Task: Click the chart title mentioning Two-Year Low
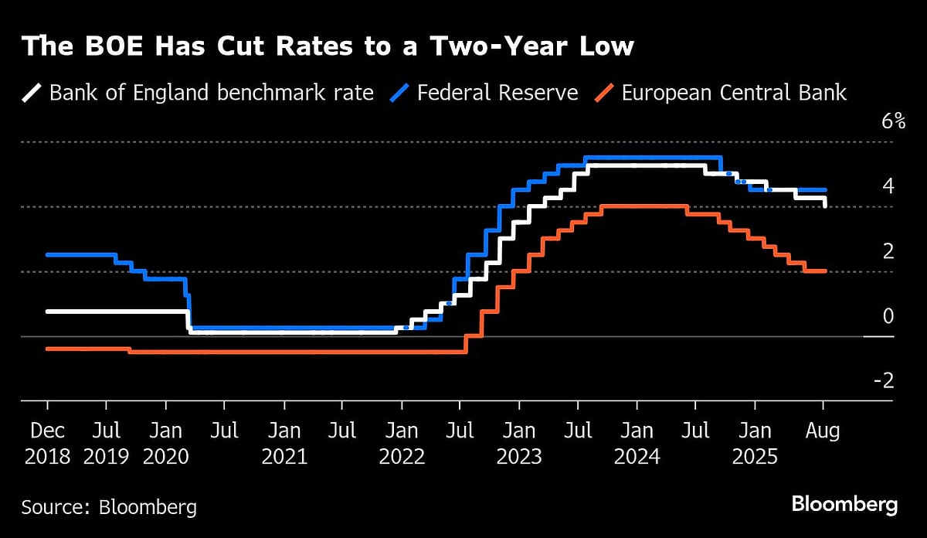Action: (x=328, y=46)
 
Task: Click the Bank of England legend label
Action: (x=211, y=94)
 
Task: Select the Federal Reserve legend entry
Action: (x=497, y=94)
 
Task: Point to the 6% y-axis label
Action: (x=881, y=121)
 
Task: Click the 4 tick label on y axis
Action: (x=888, y=186)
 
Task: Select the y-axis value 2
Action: (x=888, y=251)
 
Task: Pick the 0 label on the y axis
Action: (x=888, y=316)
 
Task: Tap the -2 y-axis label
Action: (x=884, y=381)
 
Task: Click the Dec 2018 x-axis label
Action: (x=47, y=443)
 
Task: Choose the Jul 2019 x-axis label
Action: (x=106, y=443)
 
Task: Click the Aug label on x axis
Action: (x=823, y=430)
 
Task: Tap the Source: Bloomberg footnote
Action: (x=109, y=507)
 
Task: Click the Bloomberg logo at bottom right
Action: (x=844, y=505)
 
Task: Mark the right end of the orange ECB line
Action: (x=825, y=271)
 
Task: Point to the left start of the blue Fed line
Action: (x=48, y=254)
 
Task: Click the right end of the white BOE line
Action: (x=825, y=205)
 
